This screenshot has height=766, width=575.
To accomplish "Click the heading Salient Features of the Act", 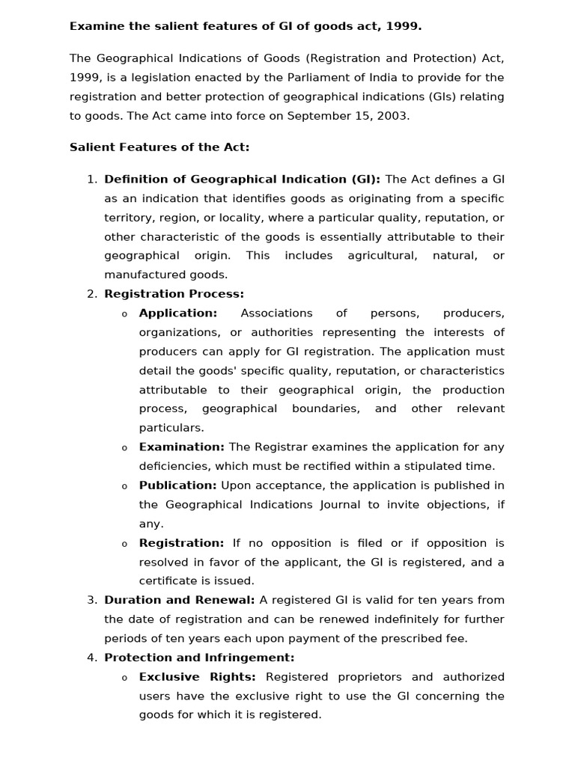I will tap(159, 147).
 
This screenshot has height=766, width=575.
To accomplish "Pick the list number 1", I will tap(91, 179).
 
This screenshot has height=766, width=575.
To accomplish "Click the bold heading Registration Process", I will tap(174, 294).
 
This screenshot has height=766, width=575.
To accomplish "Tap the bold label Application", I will tap(177, 313).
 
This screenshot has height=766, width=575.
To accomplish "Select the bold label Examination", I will tap(181, 447).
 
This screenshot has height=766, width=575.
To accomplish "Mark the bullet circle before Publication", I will tap(124, 486).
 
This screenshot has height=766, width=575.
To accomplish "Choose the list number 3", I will tap(91, 600).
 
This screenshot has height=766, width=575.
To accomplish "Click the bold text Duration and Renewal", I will tap(179, 600).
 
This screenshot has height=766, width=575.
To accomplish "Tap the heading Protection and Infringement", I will tap(199, 658).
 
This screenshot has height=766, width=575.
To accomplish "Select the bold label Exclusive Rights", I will tap(197, 677).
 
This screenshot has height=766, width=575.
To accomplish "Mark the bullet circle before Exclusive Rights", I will tap(124, 678).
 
